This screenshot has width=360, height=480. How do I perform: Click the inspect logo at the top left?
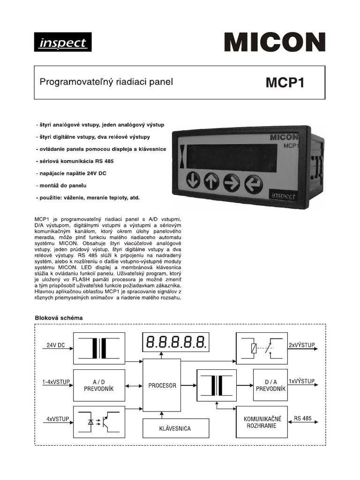coord(62,42)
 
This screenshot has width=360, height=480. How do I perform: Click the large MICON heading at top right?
coord(274,42)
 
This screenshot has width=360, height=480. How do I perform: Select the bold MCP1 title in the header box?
coord(285,82)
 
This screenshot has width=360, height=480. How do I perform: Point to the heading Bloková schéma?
coord(59,318)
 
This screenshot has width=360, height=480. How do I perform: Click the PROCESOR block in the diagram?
coord(162,385)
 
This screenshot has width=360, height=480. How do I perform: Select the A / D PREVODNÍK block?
coord(99,385)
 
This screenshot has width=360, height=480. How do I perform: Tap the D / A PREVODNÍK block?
coord(270,385)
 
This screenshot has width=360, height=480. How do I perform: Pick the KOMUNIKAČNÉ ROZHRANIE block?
coord(262,421)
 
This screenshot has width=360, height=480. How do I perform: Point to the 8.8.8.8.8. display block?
coord(175,343)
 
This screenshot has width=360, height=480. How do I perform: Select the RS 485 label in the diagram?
coord(303,418)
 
